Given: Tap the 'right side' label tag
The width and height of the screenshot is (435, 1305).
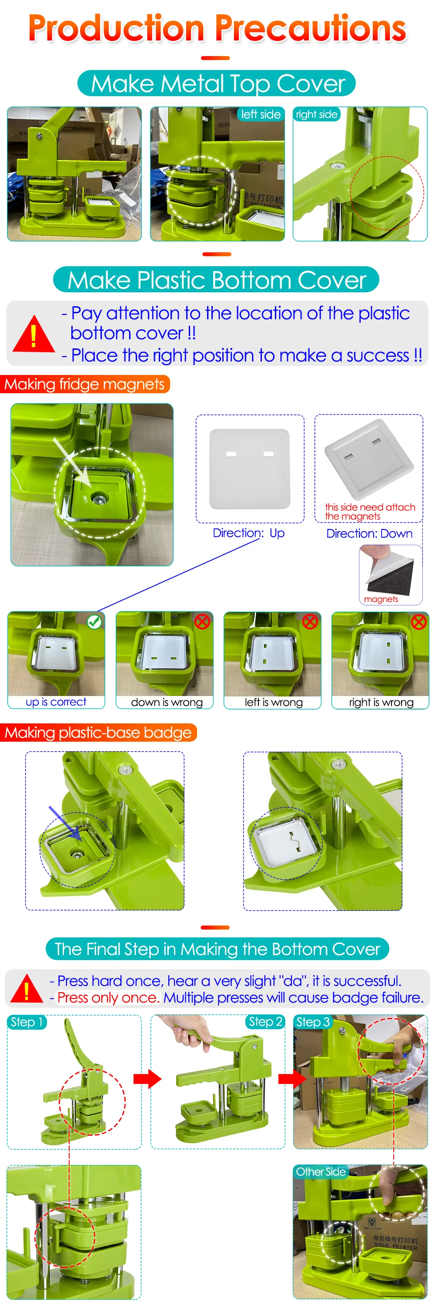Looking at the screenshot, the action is (317, 114).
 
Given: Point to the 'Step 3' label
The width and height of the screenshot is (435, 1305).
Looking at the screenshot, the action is (313, 1022).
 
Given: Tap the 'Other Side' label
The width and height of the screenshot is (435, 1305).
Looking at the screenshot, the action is (321, 1172).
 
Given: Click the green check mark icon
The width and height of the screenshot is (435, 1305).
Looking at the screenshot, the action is (94, 622).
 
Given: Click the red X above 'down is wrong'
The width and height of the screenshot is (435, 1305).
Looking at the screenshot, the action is (202, 622).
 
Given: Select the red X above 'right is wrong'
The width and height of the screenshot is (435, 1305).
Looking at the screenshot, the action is (418, 622).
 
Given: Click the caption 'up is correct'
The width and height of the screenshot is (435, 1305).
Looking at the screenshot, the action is (56, 702).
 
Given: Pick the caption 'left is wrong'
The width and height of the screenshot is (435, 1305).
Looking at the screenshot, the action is (274, 702).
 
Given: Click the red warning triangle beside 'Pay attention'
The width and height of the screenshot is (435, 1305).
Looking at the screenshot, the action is (33, 334).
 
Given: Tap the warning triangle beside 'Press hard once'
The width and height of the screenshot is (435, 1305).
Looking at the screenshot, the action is (27, 988).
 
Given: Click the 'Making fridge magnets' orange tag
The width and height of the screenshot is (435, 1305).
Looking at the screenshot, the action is (84, 384).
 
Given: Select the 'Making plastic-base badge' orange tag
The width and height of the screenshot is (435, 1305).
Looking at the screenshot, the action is (98, 733).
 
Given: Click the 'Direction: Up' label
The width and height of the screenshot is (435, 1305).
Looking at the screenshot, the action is (249, 533).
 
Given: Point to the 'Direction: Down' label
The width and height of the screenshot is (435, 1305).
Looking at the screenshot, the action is (369, 533).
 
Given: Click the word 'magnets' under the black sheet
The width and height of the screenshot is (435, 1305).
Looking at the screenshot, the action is (381, 599).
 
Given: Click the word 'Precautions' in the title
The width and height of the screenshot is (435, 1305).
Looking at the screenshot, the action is (311, 28).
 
